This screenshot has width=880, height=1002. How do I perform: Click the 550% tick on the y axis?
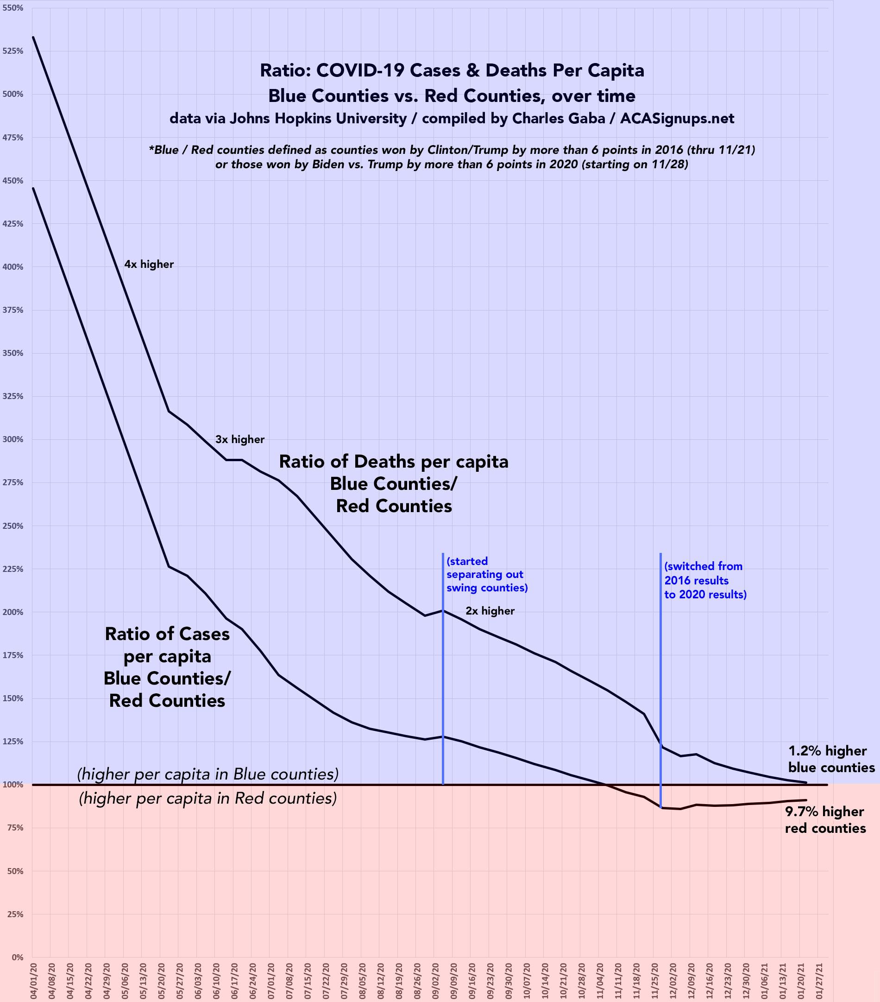(13, 8)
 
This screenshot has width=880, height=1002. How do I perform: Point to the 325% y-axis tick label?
(13, 396)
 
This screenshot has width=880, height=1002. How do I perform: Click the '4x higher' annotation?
(149, 265)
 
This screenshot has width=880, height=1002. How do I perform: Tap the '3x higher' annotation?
(239, 440)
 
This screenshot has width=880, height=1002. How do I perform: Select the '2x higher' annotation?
(490, 611)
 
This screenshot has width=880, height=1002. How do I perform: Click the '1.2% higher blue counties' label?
(831, 759)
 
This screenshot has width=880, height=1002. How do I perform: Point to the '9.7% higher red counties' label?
(825, 820)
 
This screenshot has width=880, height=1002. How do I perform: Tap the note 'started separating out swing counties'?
(487, 574)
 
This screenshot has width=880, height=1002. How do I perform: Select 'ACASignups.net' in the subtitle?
(677, 119)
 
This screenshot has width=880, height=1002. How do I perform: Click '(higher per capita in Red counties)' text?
(208, 799)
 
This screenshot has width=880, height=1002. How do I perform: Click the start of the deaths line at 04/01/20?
(33, 37)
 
